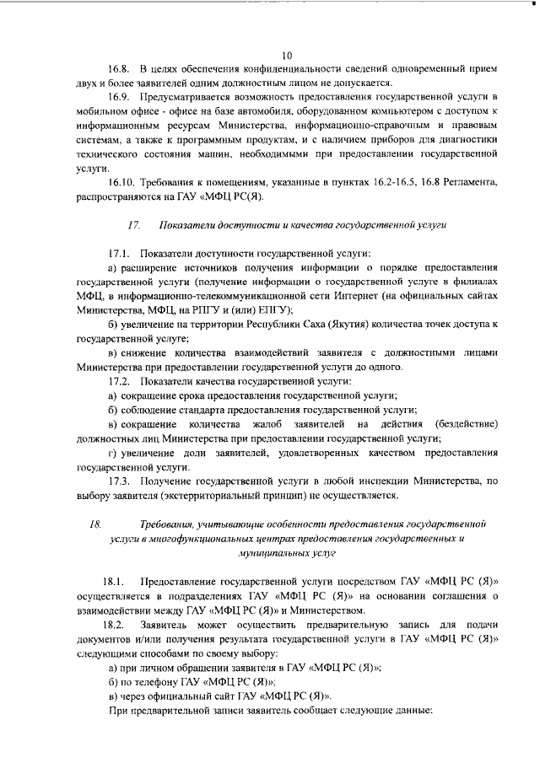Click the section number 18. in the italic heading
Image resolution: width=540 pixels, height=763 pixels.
pyautogui.click(x=95, y=524)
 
